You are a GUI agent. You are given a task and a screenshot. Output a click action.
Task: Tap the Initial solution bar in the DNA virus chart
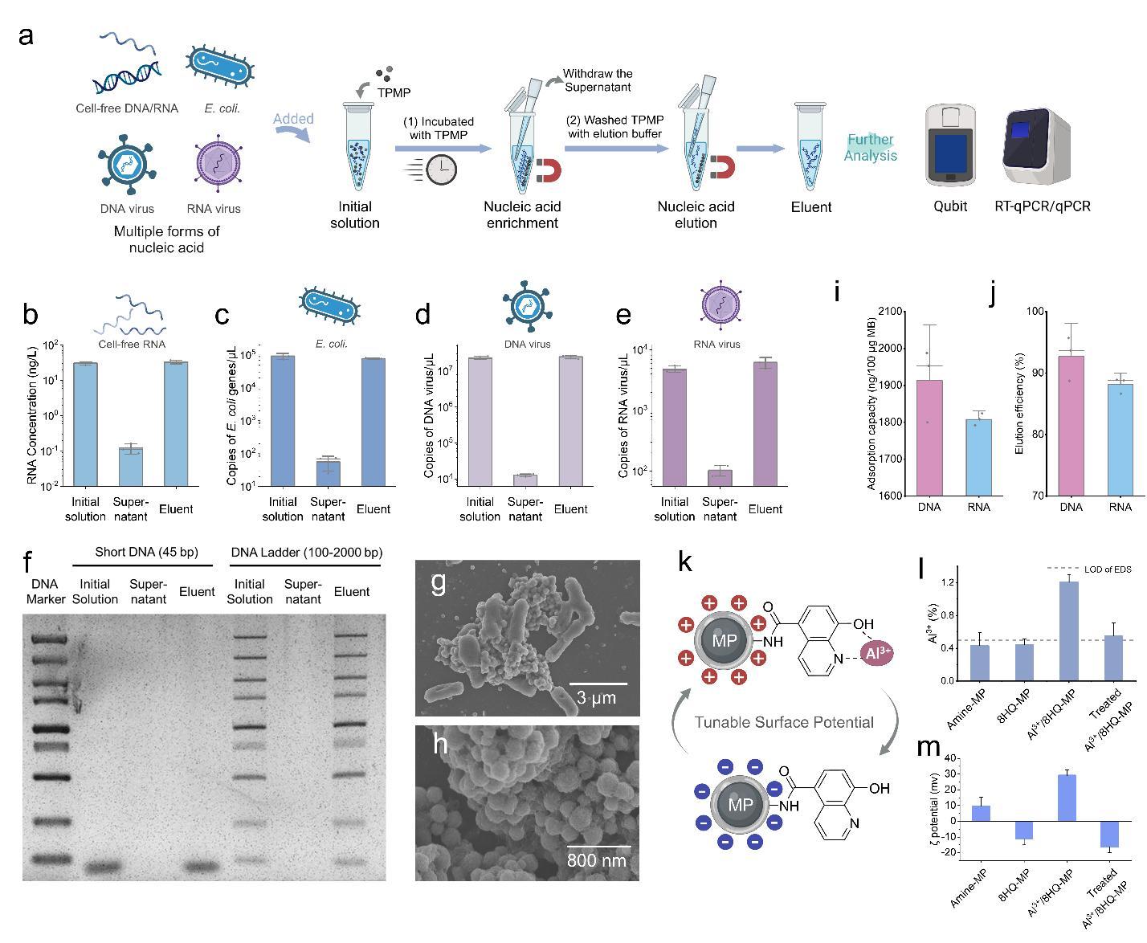[x=480, y=422]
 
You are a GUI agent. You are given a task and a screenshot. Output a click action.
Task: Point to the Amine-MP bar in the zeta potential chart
[x=981, y=813]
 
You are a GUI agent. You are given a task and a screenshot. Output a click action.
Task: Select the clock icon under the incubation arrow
[x=441, y=169]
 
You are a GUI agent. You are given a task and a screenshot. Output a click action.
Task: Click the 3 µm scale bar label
[x=597, y=697]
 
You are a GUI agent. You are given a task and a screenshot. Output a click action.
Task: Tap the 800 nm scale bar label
[x=597, y=860]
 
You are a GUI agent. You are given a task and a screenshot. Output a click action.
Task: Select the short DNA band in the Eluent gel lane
[x=198, y=867]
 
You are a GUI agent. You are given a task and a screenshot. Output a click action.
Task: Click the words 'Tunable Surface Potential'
[x=783, y=722]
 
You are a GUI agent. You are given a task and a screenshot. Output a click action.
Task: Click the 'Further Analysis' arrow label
[x=871, y=148]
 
